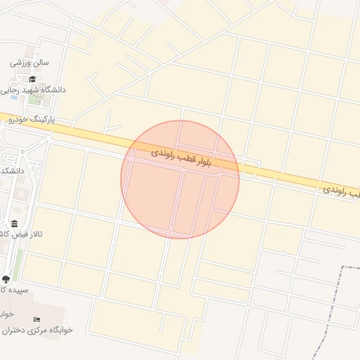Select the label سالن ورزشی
(x=30, y=63)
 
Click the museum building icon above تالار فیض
(x=15, y=224)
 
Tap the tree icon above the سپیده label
(x=6, y=278)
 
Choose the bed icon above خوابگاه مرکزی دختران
(x=37, y=320)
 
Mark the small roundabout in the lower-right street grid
(x=249, y=304)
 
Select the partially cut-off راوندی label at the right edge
(x=342, y=191)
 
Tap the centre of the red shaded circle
(x=180, y=179)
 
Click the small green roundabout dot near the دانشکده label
(x=22, y=152)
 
